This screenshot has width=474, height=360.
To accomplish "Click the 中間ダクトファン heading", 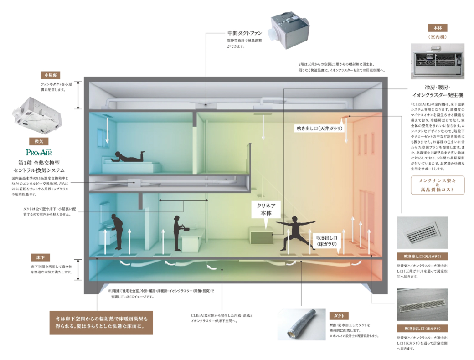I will click(245, 33).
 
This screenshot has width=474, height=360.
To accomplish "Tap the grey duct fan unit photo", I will click(290, 31).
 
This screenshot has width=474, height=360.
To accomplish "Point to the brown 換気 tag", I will click(35, 141).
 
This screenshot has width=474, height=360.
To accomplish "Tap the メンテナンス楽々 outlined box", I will click(437, 185).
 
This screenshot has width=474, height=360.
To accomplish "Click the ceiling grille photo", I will click(422, 232).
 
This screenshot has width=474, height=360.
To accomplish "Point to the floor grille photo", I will click(422, 305).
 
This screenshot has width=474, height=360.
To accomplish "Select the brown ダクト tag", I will click(338, 315).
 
